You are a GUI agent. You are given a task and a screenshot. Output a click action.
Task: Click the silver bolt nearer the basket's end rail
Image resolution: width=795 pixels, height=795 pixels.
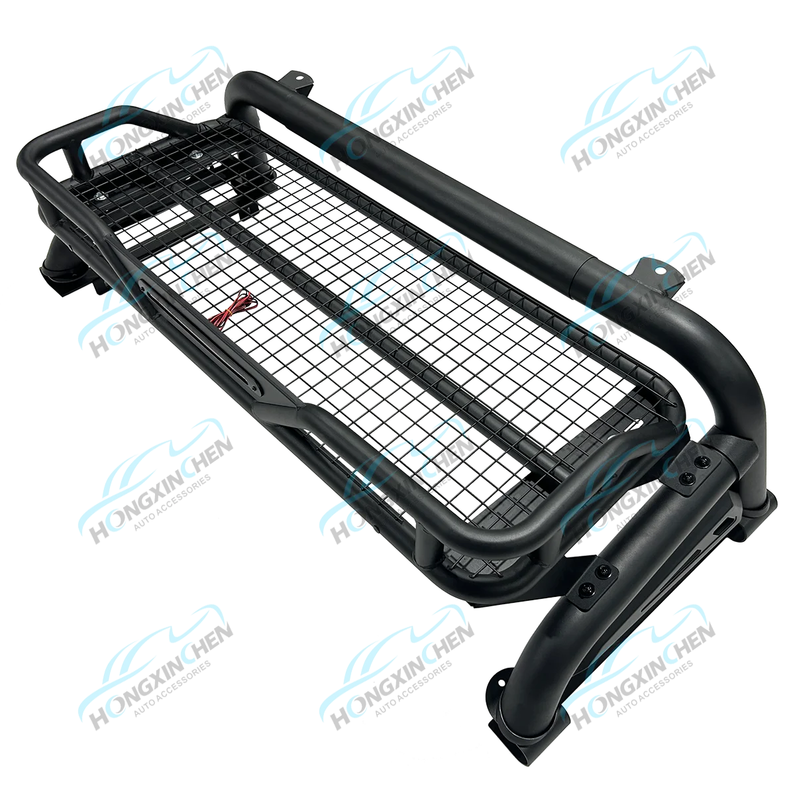99,196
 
